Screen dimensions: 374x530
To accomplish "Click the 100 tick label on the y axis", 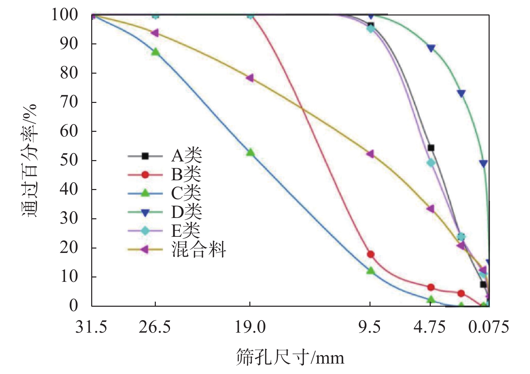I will tap(64, 15).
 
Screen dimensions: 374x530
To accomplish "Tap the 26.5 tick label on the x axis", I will tap(155, 327).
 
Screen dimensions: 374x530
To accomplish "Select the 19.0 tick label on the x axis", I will tap(250, 327).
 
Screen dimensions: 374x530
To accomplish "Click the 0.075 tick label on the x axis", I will tap(489, 327).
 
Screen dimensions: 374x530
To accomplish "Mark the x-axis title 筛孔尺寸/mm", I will tap(290, 357).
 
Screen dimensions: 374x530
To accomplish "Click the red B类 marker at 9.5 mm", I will tap(370, 254).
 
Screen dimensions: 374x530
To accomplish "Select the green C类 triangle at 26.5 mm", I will tap(155, 52).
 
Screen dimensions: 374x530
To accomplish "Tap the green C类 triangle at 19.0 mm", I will tap(250, 152).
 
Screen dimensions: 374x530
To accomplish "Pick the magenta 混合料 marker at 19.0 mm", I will tap(250, 78).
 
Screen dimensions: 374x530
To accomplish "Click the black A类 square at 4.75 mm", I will tap(431, 148).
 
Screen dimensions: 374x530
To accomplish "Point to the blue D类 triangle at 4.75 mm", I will tap(431, 48).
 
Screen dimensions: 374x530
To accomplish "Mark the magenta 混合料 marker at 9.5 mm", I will tap(370, 154).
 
